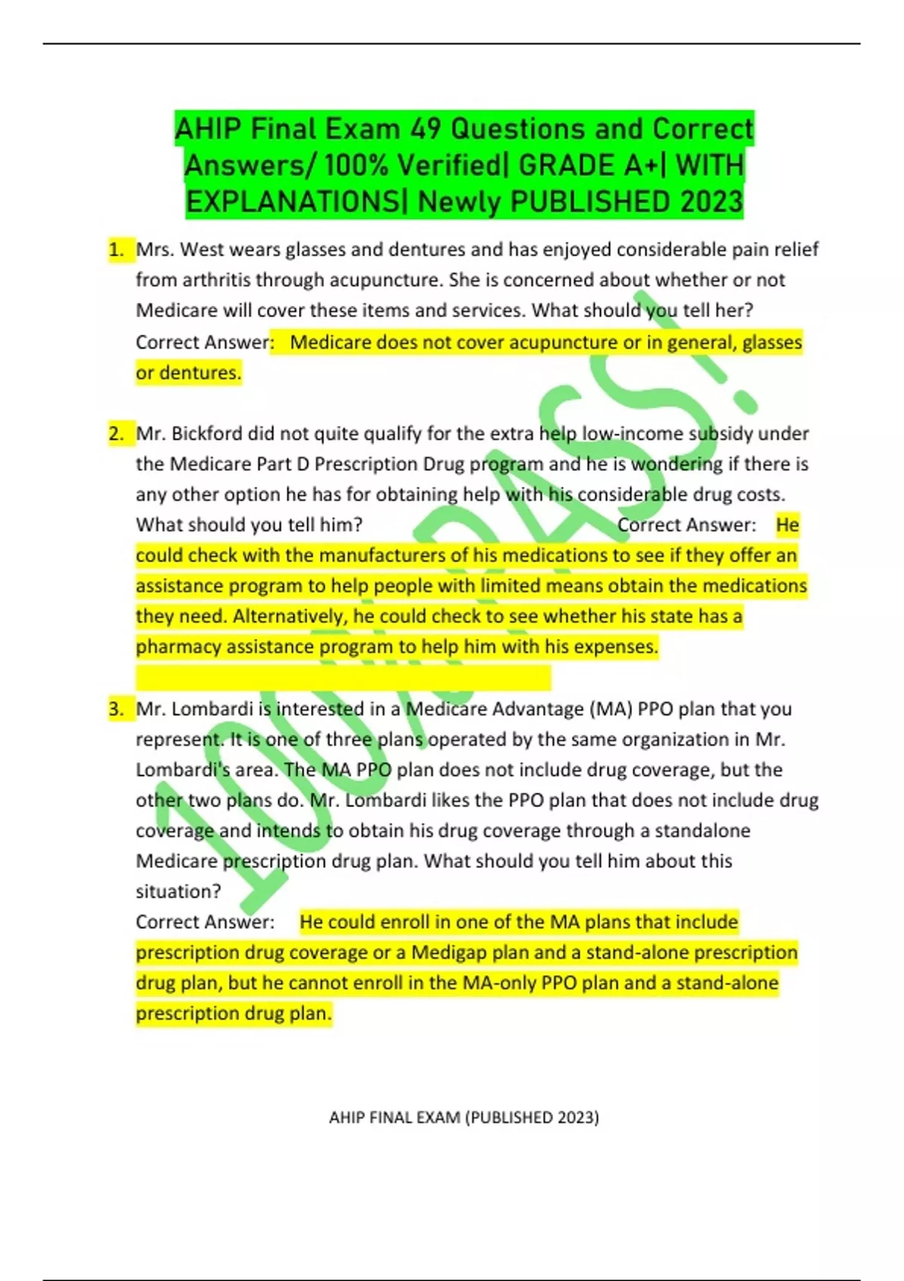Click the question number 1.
pos(117,249)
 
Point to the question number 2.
pos(117,434)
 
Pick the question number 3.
pos(117,709)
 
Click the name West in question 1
pos(201,249)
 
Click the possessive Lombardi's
pos(175,770)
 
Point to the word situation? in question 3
pos(179,891)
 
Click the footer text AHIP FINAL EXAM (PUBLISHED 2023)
pos(464,1117)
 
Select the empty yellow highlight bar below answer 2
pos(343,677)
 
